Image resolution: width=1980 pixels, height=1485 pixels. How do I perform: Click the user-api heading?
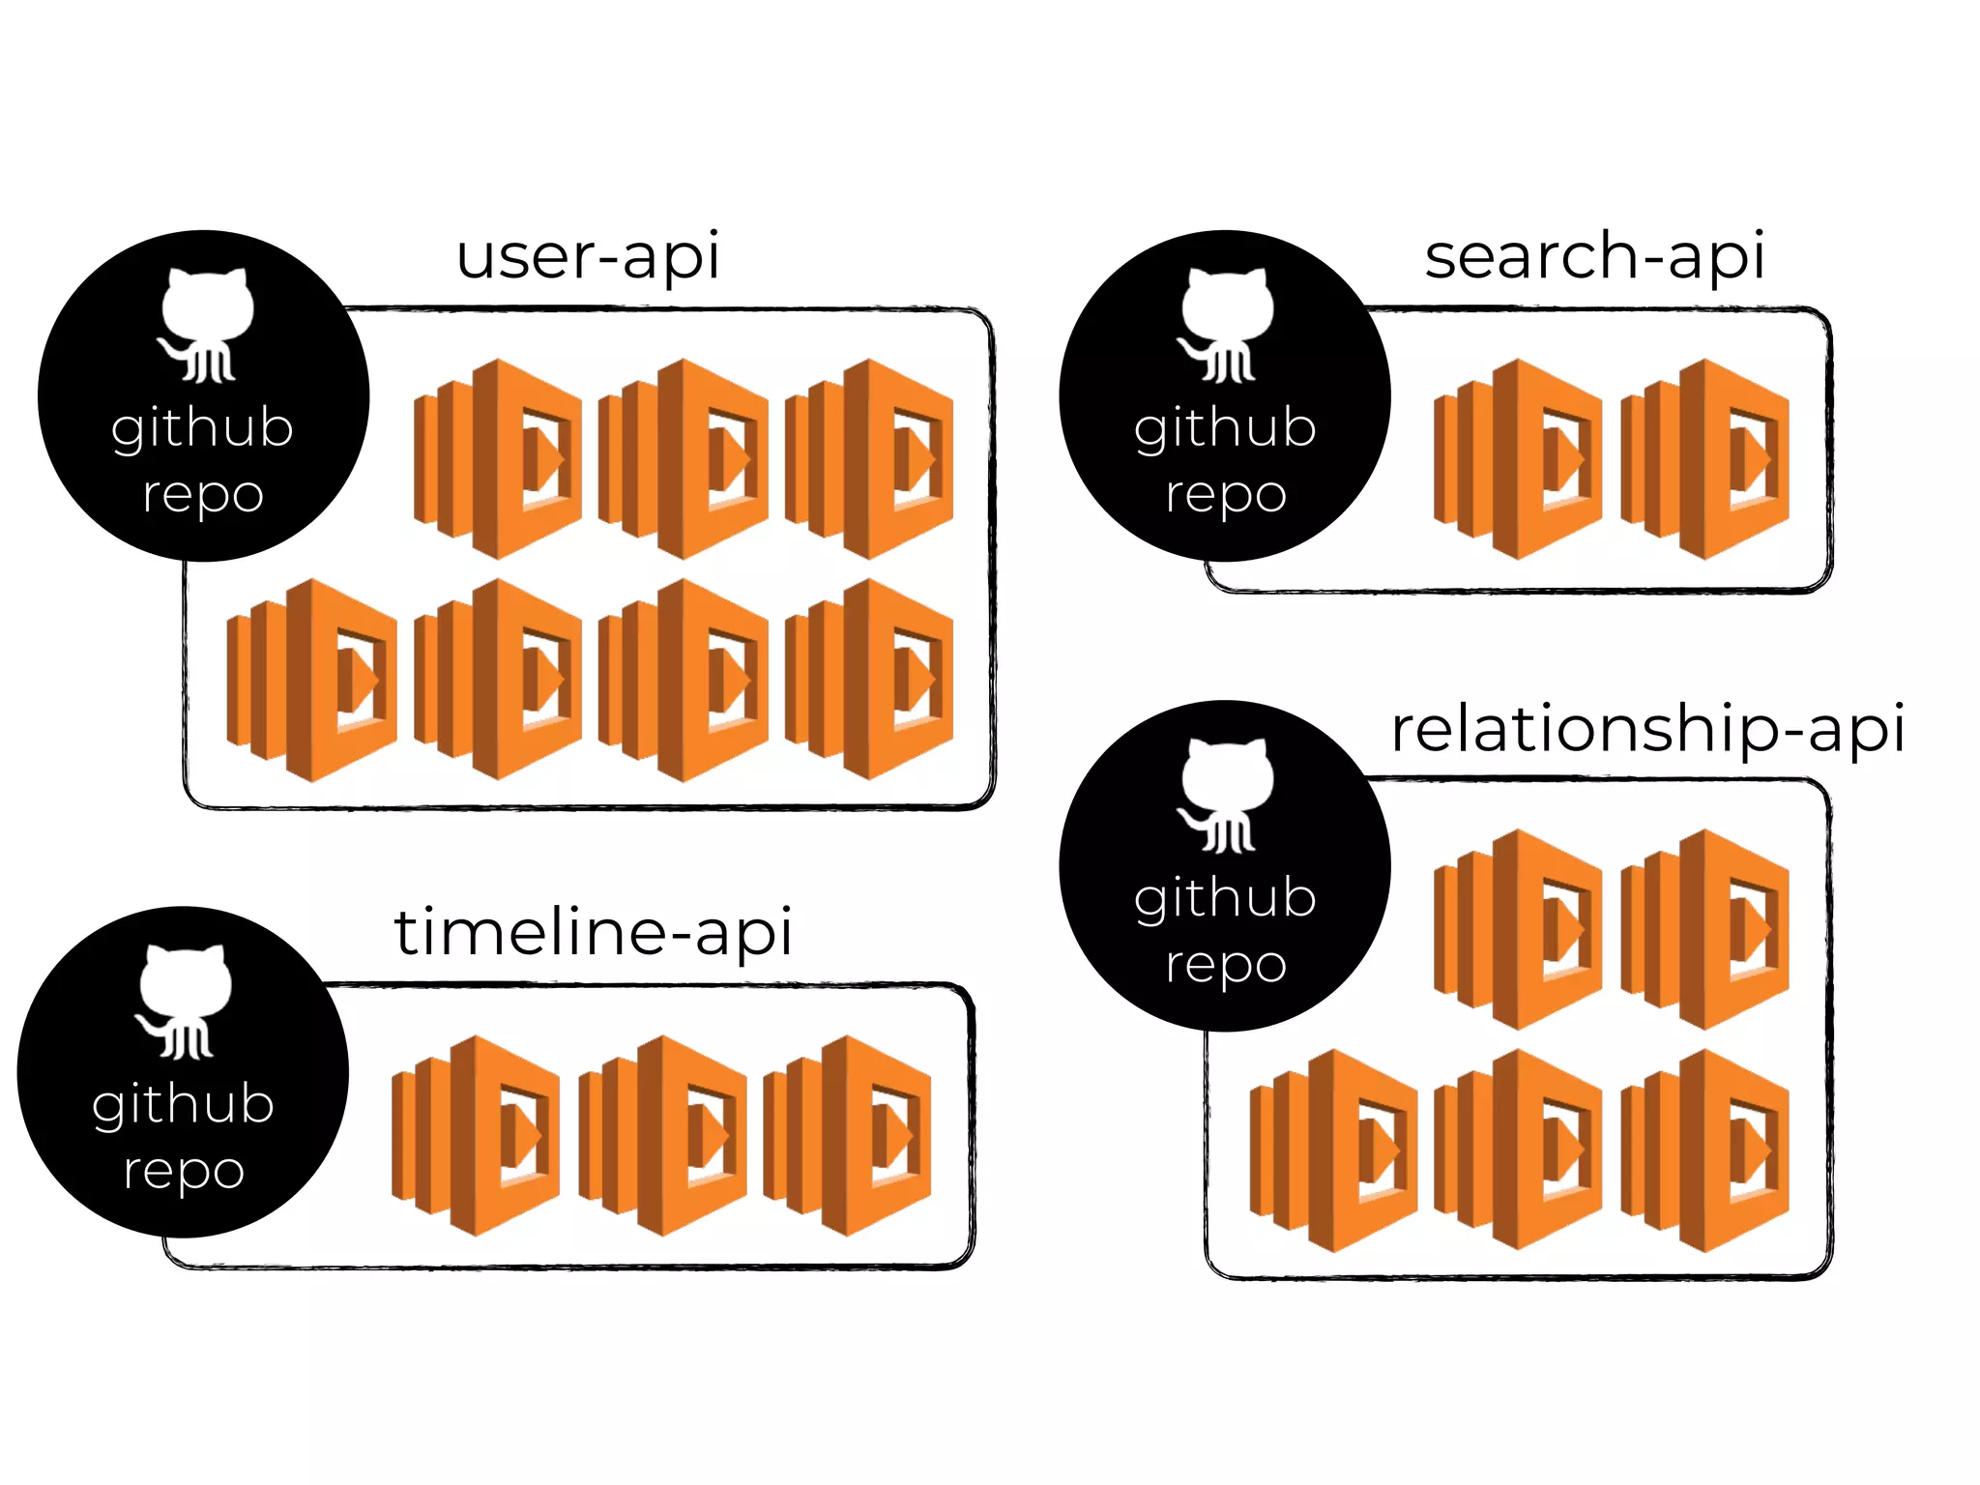pos(588,257)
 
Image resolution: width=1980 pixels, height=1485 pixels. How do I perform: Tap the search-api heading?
pos(1594,257)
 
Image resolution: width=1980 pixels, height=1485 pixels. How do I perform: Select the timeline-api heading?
pos(593,933)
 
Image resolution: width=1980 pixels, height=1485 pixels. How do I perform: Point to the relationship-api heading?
pos(1647,729)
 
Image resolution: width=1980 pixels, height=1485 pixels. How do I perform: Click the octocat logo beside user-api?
pos(206,324)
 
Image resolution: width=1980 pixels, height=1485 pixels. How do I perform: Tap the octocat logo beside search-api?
pos(1225,324)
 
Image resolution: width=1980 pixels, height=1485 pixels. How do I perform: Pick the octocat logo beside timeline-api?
pos(184,1001)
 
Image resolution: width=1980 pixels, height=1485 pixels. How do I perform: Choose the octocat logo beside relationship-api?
pos(1225,794)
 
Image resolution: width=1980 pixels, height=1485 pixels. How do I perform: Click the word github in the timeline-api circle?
pos(184,1104)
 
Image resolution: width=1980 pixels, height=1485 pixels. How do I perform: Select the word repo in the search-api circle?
pos(1225,495)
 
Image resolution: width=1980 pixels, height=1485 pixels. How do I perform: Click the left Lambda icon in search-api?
pos(1518,459)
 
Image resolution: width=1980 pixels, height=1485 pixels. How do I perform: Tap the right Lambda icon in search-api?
pos(1704,459)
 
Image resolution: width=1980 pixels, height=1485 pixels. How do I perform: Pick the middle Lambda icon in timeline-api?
pos(662,1135)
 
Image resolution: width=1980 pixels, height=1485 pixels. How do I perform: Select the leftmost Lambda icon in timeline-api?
pos(476,1135)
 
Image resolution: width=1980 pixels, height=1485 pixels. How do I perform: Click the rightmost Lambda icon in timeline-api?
pos(848,1135)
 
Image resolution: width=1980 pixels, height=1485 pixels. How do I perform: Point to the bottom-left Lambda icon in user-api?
pos(311,680)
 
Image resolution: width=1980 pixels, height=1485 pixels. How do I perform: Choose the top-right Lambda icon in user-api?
pos(869,459)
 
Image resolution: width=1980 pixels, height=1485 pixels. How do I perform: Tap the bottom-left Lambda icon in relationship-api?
pos(1333,1150)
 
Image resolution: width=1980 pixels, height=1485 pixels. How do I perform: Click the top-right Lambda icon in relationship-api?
pos(1704,929)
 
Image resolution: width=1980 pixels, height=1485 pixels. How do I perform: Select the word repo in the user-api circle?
pos(203,495)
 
